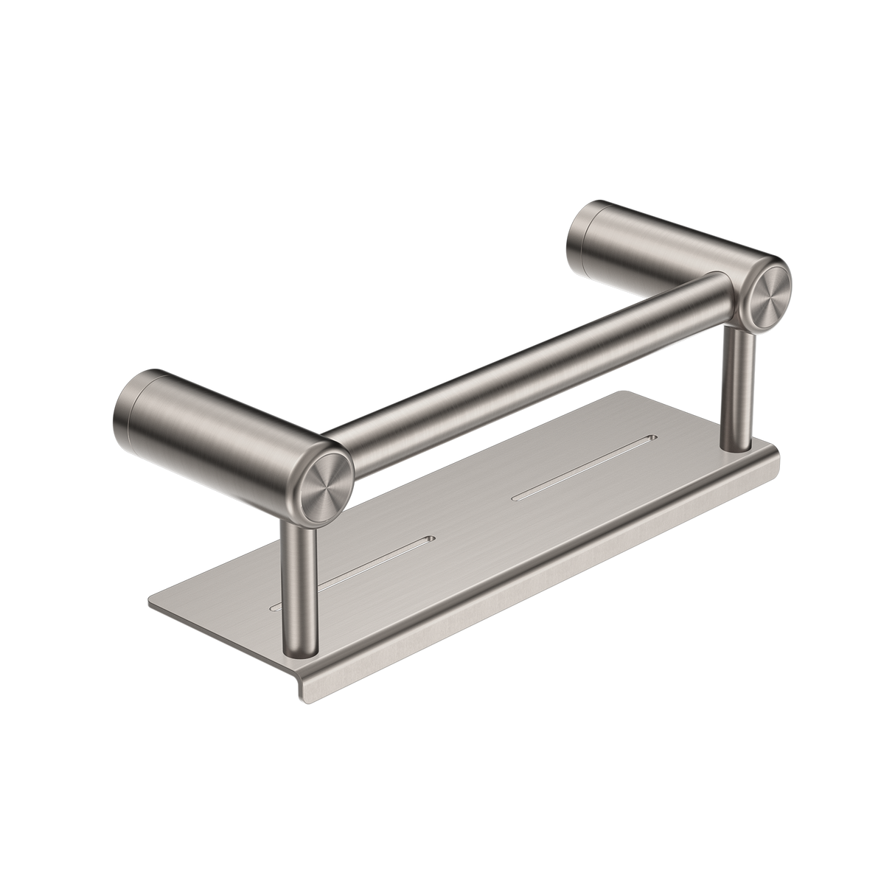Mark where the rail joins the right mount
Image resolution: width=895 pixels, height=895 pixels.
719,284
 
